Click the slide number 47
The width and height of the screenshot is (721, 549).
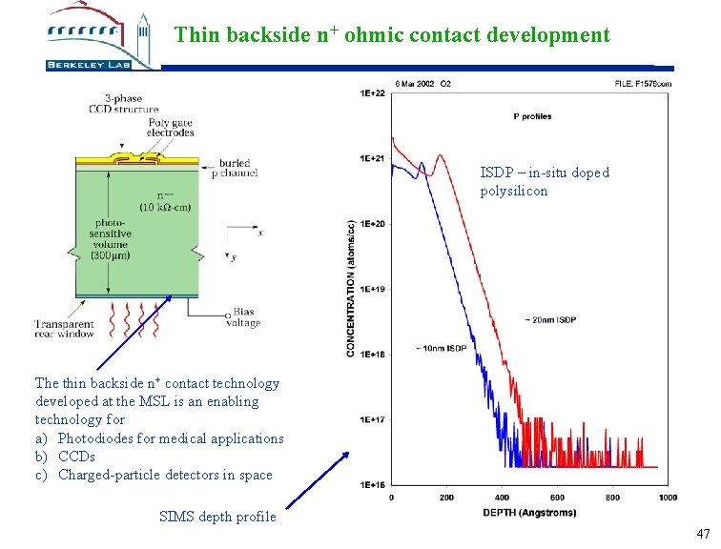click(x=703, y=534)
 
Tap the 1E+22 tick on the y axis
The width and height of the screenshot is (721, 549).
click(x=372, y=93)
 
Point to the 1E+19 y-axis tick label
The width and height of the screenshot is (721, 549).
click(x=372, y=289)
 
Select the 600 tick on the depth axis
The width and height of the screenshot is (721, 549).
click(x=557, y=497)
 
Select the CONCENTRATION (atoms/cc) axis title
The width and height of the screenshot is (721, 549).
click(x=351, y=288)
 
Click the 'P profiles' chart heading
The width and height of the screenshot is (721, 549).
click(x=532, y=117)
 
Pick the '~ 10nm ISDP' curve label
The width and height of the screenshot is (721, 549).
click(x=441, y=349)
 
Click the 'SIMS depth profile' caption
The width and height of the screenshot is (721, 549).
click(x=217, y=517)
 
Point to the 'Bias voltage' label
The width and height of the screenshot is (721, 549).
click(x=243, y=318)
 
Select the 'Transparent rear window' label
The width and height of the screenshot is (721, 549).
click(x=65, y=329)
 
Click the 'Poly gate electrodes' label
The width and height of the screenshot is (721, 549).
click(x=171, y=127)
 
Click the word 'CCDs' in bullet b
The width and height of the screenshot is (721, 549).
click(x=77, y=457)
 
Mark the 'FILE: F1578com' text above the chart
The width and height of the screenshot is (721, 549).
click(x=644, y=84)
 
